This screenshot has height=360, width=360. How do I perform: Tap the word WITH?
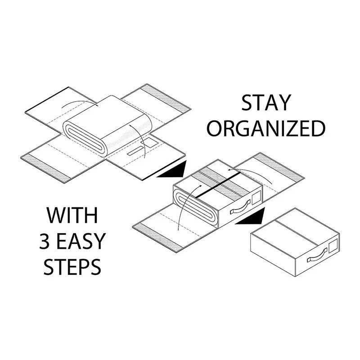(72, 215)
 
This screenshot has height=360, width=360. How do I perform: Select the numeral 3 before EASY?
(45, 241)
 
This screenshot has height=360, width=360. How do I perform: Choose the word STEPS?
(72, 267)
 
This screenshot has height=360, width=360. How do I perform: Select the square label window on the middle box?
(255, 198)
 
